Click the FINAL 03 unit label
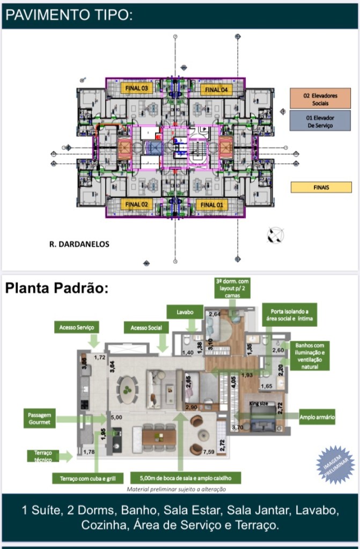136,87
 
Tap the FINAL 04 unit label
217,89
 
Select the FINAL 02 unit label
136,204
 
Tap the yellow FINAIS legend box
321,187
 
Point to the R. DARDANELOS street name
79,244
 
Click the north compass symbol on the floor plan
276,235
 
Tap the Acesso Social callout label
146,327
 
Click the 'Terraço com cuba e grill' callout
88,478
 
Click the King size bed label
260,402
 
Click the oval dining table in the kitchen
128,385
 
